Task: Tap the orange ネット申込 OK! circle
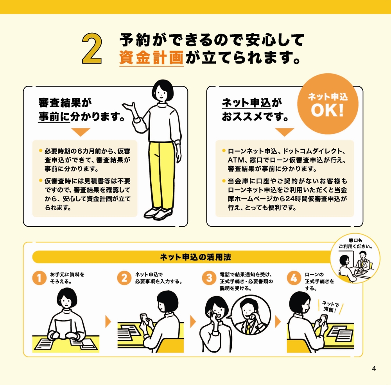(x=327, y=103)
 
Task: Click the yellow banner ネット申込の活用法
(x=195, y=257)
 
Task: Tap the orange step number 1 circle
(x=39, y=279)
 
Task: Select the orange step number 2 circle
(x=124, y=279)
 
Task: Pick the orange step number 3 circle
(x=209, y=279)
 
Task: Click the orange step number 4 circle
(x=294, y=279)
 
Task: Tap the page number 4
(x=374, y=369)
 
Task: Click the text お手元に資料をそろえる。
(x=67, y=278)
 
